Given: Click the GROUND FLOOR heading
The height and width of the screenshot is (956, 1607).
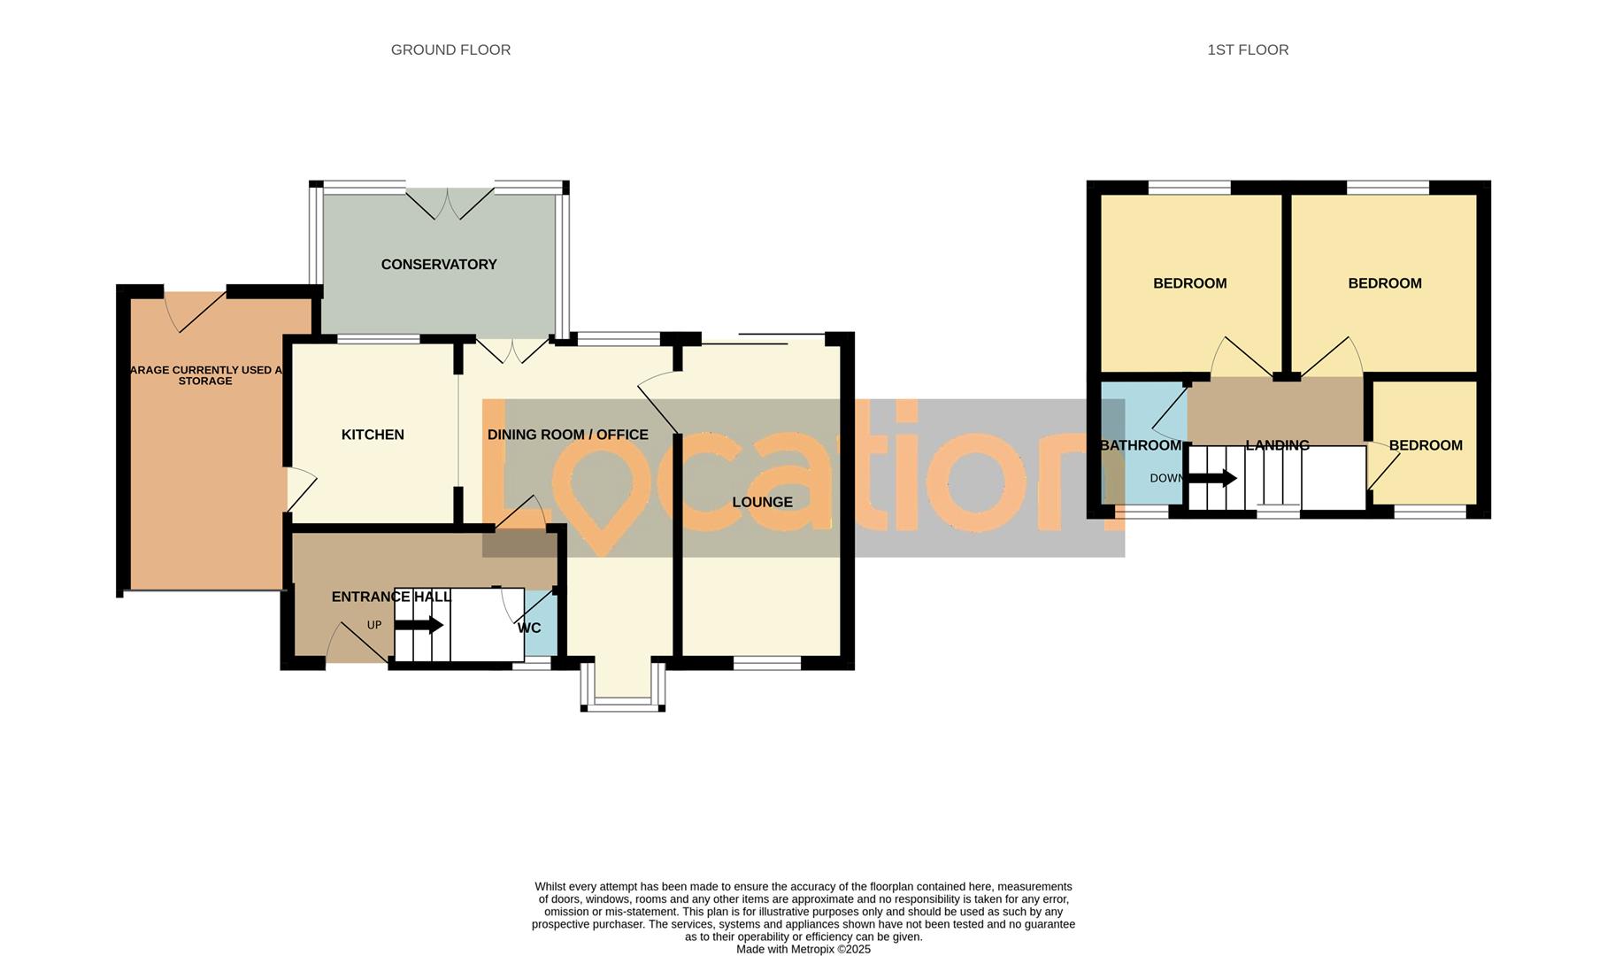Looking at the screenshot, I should point(450,50).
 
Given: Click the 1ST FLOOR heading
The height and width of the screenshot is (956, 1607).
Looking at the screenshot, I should point(1248,50).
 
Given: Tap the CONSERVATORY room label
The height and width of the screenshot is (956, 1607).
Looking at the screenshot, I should point(439,265).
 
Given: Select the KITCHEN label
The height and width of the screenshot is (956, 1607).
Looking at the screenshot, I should point(373,435).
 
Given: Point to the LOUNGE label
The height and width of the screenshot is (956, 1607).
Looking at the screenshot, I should point(762,502).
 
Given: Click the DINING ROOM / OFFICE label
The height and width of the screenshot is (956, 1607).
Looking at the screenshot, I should point(567,435).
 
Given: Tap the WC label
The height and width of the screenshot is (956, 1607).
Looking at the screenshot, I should point(529,628).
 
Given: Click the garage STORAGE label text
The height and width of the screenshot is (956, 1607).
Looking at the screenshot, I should point(205,382).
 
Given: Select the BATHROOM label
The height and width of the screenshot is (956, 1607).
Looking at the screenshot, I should point(1140,445).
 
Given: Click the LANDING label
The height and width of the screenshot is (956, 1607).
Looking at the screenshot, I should point(1277,445).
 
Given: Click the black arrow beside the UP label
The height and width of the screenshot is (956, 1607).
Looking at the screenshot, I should point(419,625).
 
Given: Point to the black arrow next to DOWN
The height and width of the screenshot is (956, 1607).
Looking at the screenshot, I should point(1211,479).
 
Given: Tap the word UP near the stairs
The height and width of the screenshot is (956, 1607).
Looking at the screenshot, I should point(374,625).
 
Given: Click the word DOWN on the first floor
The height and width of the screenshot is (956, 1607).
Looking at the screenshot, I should point(1165,479).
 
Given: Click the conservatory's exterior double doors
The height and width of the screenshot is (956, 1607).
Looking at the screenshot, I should point(450,203).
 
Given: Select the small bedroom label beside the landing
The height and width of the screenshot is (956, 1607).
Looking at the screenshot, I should point(1426,445).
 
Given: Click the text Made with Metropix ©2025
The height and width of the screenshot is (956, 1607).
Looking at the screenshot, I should point(803,949).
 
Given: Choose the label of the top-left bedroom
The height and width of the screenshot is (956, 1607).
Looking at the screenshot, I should point(1189,283).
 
